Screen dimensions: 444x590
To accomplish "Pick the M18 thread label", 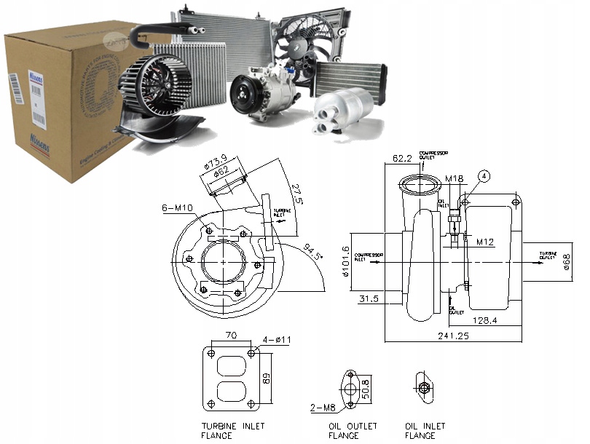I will [455, 178].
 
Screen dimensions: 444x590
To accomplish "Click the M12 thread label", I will [486, 241].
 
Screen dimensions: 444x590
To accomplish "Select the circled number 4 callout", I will [483, 175].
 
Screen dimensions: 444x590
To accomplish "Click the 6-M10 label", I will [178, 208].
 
